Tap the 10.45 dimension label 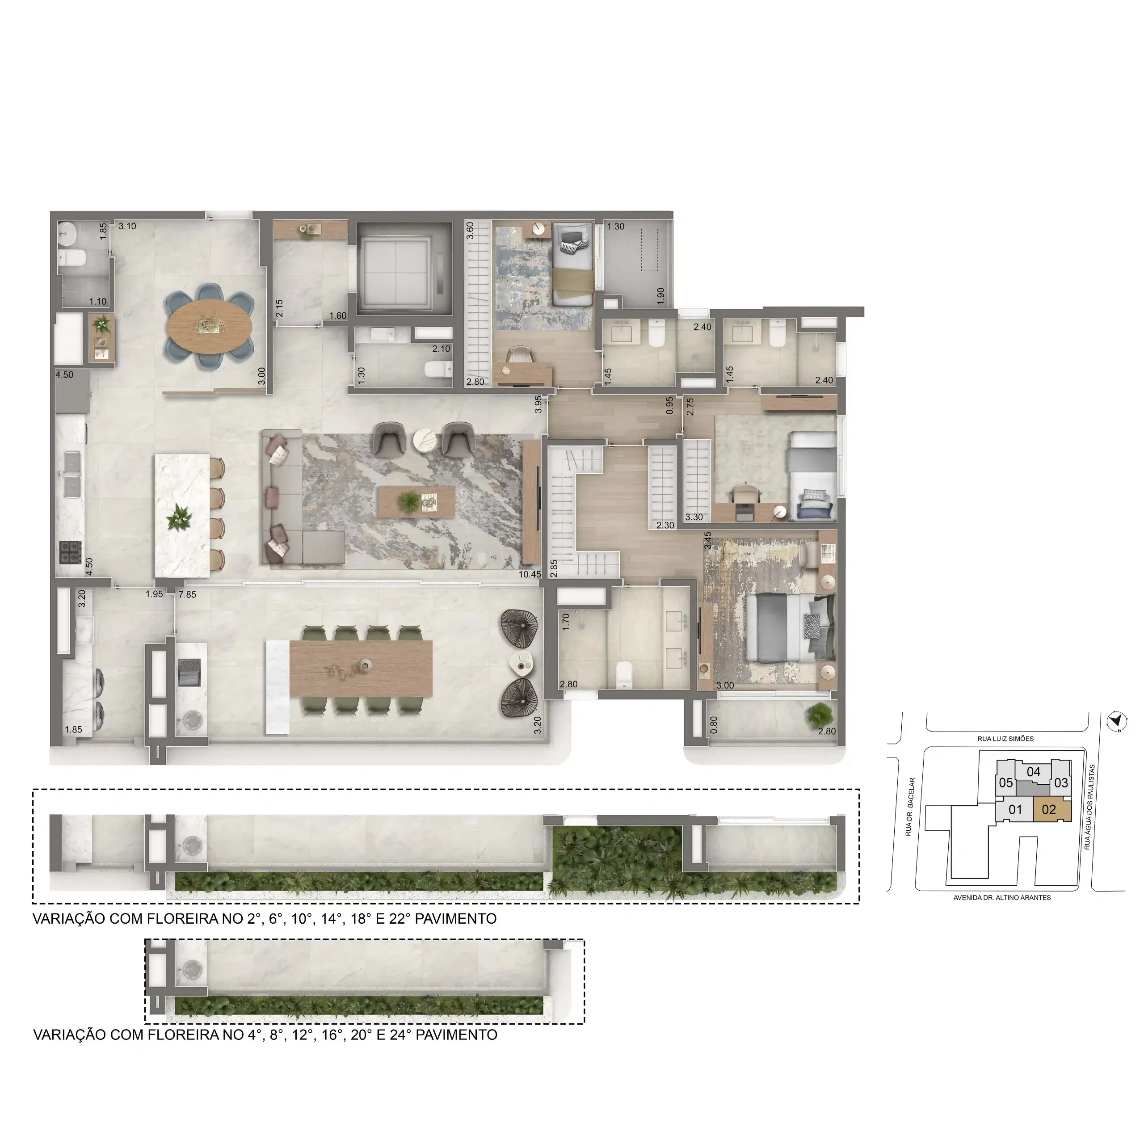pos(530,574)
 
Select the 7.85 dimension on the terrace pos(187,594)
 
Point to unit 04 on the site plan pos(1033,772)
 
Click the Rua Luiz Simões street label pos(1005,739)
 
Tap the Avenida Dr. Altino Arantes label pos(1002,898)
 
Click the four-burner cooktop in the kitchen pos(71,552)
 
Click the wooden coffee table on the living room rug pos(417,503)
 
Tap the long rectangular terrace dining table pos(361,669)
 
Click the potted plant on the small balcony pos(819,714)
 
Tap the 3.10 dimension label pos(127,226)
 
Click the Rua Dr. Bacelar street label pos(911,807)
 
